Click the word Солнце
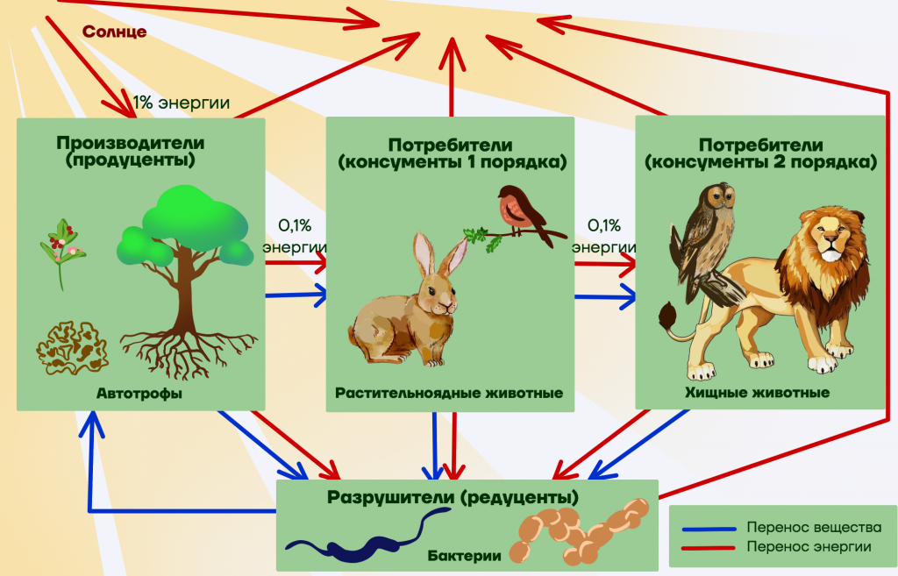[x=114, y=31]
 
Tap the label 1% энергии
[x=181, y=103]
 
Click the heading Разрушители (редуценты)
[x=453, y=497]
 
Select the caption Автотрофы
[x=139, y=394]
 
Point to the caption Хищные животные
[x=757, y=393]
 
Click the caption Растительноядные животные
[x=449, y=394]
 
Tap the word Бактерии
[x=465, y=555]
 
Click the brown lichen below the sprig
[x=72, y=347]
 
